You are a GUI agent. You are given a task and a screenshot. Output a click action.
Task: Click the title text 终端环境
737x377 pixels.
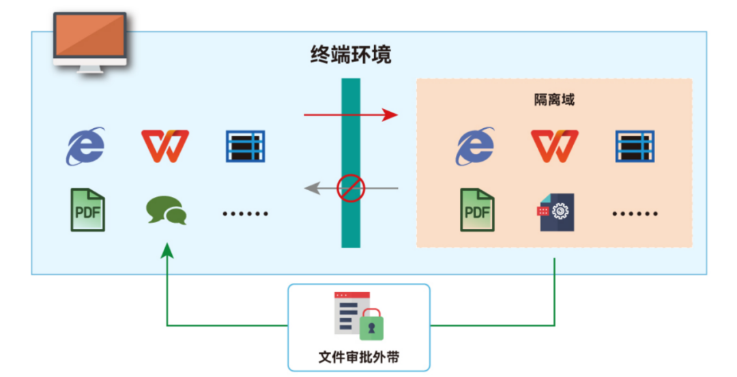point(350,55)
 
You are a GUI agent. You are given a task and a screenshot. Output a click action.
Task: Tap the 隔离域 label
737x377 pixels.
point(553,100)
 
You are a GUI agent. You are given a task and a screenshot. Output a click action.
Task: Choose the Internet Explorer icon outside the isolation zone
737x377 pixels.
point(86,146)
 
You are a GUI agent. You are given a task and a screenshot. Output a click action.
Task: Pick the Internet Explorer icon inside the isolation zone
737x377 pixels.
point(476,146)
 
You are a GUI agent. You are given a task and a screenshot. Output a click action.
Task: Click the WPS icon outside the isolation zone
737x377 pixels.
point(164,146)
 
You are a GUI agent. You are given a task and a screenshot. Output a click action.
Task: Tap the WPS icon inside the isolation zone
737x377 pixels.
point(554,146)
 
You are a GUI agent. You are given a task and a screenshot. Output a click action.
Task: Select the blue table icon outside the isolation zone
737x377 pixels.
point(245,146)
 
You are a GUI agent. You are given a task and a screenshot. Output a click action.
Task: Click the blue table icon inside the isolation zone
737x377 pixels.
point(635,146)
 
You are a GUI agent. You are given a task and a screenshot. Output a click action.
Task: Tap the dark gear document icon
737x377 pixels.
point(555,212)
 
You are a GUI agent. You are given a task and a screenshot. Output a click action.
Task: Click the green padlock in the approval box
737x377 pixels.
point(371,325)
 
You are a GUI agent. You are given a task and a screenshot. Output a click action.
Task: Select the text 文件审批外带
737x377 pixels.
point(358,357)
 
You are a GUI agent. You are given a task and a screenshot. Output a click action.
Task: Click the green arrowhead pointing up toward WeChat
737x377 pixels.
point(167,252)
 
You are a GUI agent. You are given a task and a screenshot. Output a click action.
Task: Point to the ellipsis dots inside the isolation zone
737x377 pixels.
point(635,213)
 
